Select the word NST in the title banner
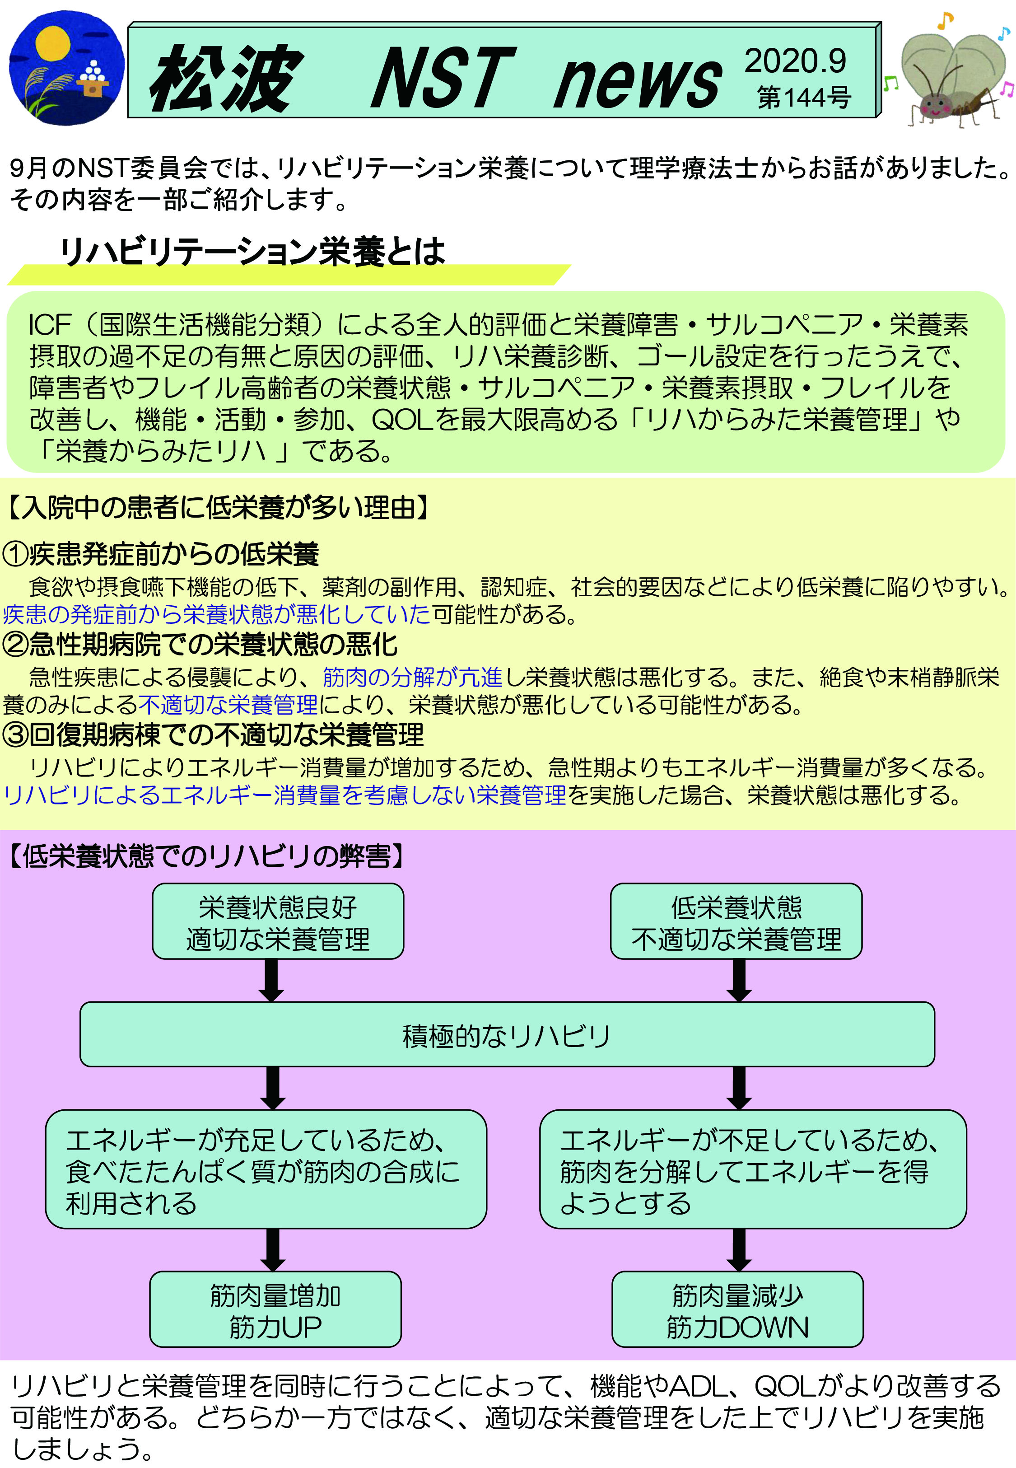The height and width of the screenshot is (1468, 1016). click(444, 78)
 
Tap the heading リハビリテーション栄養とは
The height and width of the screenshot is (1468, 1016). click(252, 252)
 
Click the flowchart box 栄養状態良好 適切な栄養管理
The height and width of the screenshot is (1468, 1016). click(278, 921)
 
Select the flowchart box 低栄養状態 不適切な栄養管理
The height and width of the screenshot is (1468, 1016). click(736, 921)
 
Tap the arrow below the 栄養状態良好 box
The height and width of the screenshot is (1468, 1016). click(272, 980)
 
